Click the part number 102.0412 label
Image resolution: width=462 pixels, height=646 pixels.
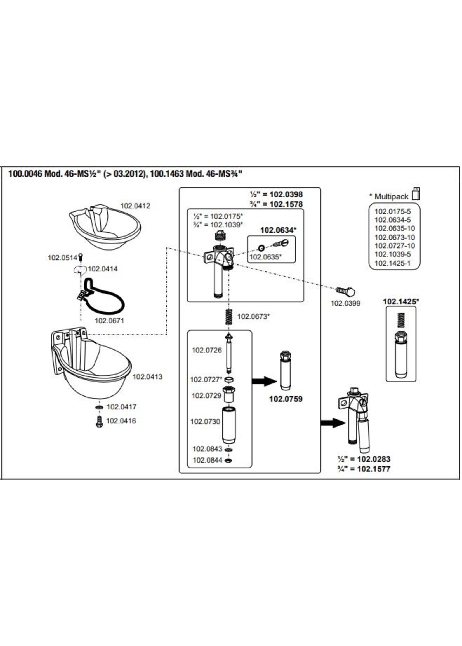pyautogui.click(x=135, y=206)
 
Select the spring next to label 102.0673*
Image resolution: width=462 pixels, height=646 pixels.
pyautogui.click(x=229, y=316)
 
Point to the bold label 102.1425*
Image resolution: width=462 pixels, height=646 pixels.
pyautogui.click(x=401, y=301)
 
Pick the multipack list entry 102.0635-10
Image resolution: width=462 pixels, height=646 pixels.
pyautogui.click(x=395, y=228)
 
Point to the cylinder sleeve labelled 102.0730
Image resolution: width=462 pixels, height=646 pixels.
pyautogui.click(x=229, y=425)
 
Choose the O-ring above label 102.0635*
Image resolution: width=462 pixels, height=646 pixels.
pyautogui.click(x=261, y=248)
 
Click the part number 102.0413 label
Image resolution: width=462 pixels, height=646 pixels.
pyautogui.click(x=147, y=377)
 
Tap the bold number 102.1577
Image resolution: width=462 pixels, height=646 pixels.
pyautogui.click(x=374, y=469)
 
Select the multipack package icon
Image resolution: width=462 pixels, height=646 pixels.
pyautogui.click(x=416, y=194)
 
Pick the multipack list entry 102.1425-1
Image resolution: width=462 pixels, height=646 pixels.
pyautogui.click(x=392, y=263)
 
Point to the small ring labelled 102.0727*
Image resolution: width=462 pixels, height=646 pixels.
pyautogui.click(x=229, y=379)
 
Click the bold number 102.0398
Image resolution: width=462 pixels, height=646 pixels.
pyautogui.click(x=286, y=195)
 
